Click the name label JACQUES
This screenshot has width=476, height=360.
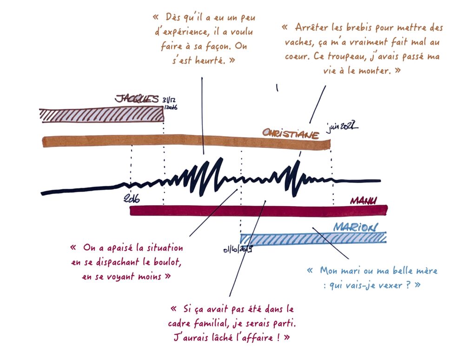pyautogui.click(x=137, y=99)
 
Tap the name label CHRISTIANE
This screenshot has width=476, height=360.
pyautogui.click(x=291, y=133)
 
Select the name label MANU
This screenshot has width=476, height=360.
pyautogui.click(x=364, y=200)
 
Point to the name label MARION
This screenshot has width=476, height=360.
pyautogui.click(x=356, y=227)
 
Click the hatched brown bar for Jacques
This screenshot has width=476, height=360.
pyautogui.click(x=102, y=114)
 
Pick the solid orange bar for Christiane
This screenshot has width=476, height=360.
pyautogui.click(x=186, y=141)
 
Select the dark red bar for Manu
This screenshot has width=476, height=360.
pyautogui.click(x=258, y=210)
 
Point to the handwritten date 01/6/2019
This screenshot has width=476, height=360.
pyautogui.click(x=238, y=250)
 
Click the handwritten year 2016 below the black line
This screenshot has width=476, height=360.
pyautogui.click(x=132, y=199)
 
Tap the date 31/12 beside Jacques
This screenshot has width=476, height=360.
pyautogui.click(x=169, y=100)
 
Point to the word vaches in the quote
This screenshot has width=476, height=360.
pyautogui.click(x=295, y=42)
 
